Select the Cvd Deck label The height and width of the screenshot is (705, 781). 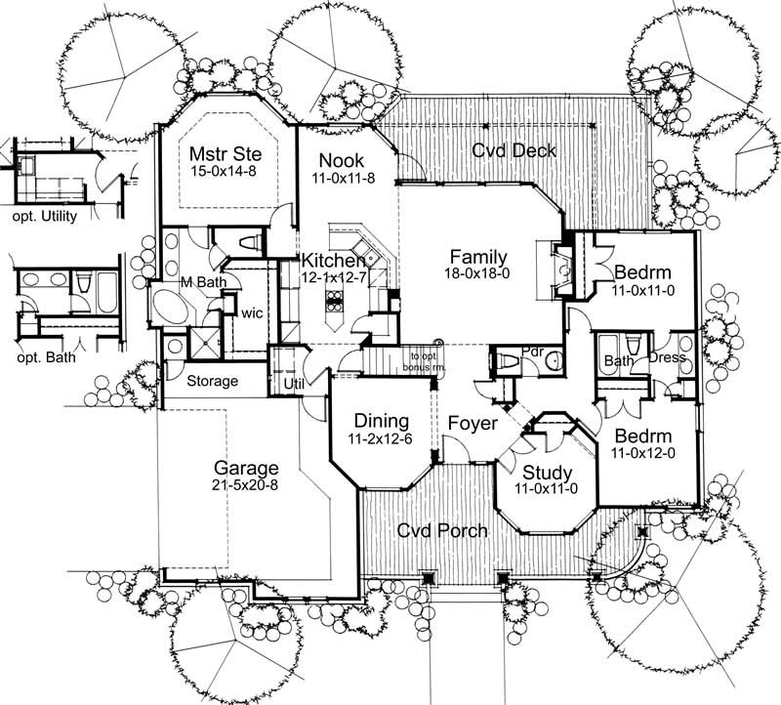click(514, 150)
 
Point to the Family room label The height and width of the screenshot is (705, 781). click(478, 256)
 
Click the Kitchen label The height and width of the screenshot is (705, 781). click(333, 261)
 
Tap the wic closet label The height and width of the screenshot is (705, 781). click(254, 314)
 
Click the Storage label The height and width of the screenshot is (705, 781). click(212, 380)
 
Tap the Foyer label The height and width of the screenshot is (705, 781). click(473, 424)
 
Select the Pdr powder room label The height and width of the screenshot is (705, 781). click(532, 349)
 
